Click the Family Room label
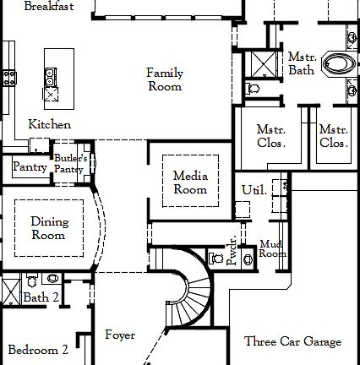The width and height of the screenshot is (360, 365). (165, 79)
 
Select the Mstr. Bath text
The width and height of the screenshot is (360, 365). (302, 64)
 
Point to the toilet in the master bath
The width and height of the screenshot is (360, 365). (254, 86)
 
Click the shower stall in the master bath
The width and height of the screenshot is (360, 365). (258, 63)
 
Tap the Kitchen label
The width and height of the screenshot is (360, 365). (49, 124)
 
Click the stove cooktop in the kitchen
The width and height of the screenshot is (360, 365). (10, 78)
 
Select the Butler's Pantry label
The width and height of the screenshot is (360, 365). (68, 164)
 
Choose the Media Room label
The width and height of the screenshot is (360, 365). (190, 182)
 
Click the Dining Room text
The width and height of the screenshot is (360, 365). (49, 228)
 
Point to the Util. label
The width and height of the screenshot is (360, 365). (254, 190)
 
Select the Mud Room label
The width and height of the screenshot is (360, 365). (273, 248)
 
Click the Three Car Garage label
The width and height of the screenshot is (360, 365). (292, 342)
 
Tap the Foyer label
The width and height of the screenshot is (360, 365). (119, 335)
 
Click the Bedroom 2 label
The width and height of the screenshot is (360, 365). (38, 350)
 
